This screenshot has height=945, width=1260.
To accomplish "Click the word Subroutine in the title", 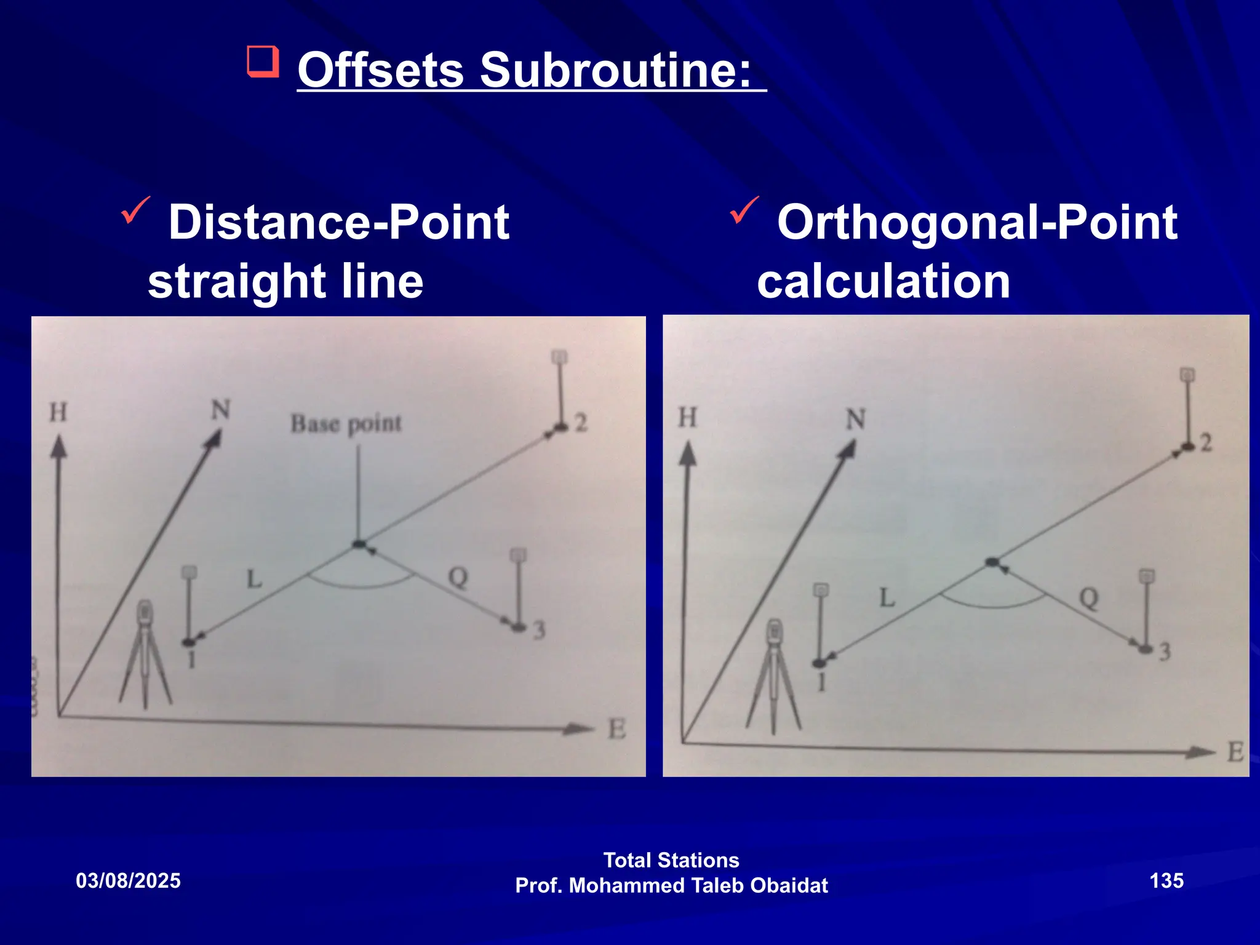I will click(615, 70).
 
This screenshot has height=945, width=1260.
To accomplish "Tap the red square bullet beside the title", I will click(263, 62).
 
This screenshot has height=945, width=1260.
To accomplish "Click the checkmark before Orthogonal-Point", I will click(744, 210).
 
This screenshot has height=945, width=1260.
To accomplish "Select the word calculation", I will click(883, 281).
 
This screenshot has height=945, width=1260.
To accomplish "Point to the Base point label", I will click(346, 424).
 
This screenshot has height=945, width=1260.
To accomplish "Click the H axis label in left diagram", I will click(58, 412).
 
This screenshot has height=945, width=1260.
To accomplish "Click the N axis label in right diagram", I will click(856, 420).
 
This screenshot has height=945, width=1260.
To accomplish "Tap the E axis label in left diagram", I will click(616, 730).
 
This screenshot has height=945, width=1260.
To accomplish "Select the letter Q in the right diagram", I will click(1088, 597).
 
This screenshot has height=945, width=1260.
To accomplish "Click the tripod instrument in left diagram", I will click(145, 655).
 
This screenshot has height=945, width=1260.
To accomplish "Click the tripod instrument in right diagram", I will click(773, 677).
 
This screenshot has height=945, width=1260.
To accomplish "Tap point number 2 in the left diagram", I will click(581, 423).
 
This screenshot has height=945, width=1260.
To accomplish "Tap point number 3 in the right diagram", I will click(1165, 652).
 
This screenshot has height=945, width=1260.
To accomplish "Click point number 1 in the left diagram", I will click(191, 660).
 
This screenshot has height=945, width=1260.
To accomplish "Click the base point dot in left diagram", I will click(359, 544).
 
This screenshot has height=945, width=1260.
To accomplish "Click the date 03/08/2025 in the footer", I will click(128, 880).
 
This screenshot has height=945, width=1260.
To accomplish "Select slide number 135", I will click(1166, 880).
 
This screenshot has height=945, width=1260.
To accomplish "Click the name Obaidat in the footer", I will click(789, 885).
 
